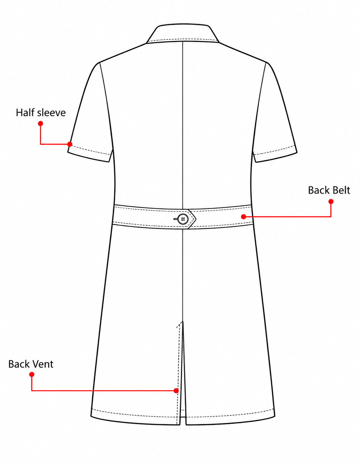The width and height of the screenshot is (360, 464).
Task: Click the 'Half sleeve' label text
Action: [x=41, y=112]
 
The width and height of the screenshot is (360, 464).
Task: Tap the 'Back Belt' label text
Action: [x=329, y=190]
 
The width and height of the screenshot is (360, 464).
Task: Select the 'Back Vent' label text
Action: [x=31, y=364]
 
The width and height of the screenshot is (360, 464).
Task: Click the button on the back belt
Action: [x=183, y=219]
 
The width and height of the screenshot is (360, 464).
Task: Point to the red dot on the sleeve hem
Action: [x=70, y=144]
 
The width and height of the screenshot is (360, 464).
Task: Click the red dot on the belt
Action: [x=243, y=217]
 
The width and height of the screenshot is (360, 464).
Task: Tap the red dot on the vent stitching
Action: [x=176, y=391]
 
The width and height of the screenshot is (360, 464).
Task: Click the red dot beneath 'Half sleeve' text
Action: [x=40, y=123]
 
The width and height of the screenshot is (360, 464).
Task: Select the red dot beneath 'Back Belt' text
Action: [x=331, y=201]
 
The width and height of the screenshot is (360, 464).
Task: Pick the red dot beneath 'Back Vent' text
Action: [x=32, y=374]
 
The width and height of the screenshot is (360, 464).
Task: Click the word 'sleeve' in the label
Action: [x=51, y=112]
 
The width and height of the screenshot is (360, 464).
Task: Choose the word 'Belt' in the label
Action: [x=340, y=190]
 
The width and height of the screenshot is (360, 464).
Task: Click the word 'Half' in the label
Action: [x=25, y=112]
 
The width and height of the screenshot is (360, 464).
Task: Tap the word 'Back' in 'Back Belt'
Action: [x=318, y=190]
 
